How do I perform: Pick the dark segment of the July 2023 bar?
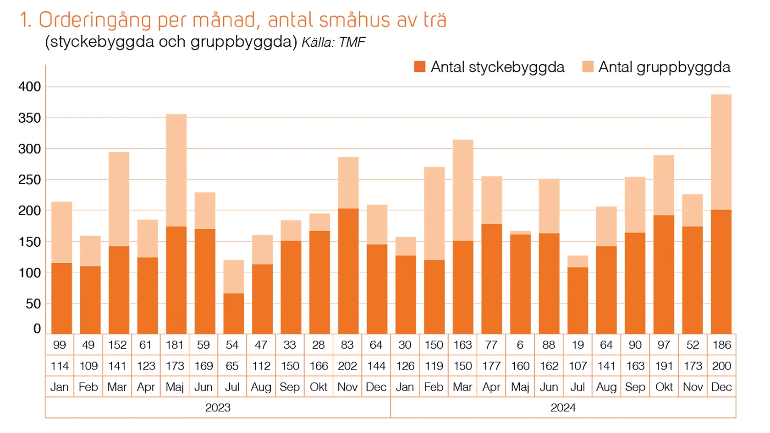234,314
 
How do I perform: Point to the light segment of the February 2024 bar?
434,213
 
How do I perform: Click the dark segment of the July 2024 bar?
577,300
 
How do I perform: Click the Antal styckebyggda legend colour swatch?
419,67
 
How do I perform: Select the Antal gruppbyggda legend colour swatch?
588,67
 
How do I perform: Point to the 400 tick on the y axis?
30,87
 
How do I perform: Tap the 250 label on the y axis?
30,180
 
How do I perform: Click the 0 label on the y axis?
37,329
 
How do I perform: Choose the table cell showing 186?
721,345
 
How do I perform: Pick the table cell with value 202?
347,366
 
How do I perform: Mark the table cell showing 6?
520,345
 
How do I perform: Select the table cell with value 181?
175,345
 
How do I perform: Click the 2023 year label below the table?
218,407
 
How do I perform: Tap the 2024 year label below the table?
563,407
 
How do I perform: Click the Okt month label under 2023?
319,387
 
